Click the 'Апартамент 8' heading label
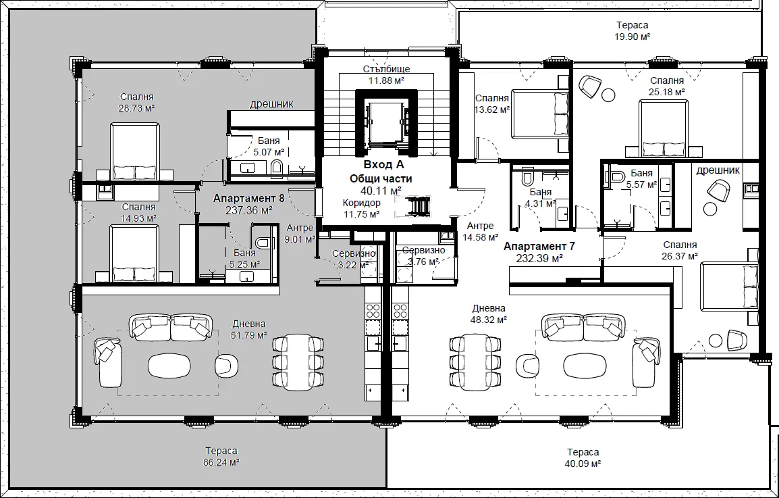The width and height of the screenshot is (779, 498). point(248,199)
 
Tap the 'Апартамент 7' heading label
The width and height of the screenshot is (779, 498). point(539,246)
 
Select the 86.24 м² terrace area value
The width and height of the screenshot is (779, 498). point(221,462)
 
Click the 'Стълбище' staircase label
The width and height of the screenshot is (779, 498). point(386,69)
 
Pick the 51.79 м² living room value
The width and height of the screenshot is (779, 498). point(249,335)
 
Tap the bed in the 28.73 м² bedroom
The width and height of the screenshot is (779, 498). point(134,152)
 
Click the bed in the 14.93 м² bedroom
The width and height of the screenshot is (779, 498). point(134,253)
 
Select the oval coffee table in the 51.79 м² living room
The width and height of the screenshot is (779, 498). point(169,366)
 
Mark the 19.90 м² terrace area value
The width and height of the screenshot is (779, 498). point(632,36)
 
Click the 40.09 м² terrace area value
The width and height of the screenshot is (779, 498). point(583,464)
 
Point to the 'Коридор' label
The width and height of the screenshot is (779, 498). point(361,203)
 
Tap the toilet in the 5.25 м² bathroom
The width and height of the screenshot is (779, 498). point(263,243)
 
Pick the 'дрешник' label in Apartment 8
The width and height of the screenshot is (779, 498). point(271,104)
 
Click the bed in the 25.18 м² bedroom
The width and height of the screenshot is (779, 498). point(664,128)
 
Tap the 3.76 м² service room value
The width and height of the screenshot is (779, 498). point(423,262)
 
